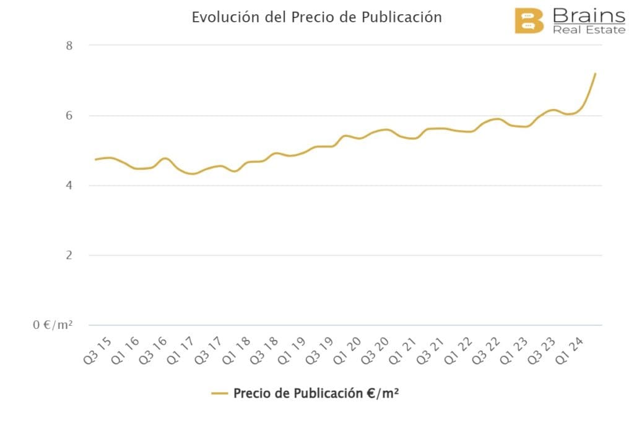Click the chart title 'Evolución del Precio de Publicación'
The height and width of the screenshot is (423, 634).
(x=316, y=17)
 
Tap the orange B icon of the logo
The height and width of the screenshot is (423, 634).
(x=529, y=21)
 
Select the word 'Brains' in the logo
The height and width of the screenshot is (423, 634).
(x=588, y=15)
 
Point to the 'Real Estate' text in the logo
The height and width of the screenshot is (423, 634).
(x=589, y=30)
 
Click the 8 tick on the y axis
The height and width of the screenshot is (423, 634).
(x=69, y=45)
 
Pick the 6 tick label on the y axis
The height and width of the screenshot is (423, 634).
(x=69, y=115)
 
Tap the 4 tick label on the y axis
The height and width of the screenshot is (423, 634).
(x=69, y=185)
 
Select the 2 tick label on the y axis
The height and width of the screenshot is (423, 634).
(x=69, y=255)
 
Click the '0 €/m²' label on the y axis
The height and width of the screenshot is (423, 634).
(x=53, y=325)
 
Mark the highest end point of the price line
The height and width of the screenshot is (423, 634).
(x=595, y=74)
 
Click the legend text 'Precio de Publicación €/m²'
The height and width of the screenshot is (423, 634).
(x=316, y=393)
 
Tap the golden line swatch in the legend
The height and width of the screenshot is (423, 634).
(x=220, y=393)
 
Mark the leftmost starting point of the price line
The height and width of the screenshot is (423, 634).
(x=95, y=160)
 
